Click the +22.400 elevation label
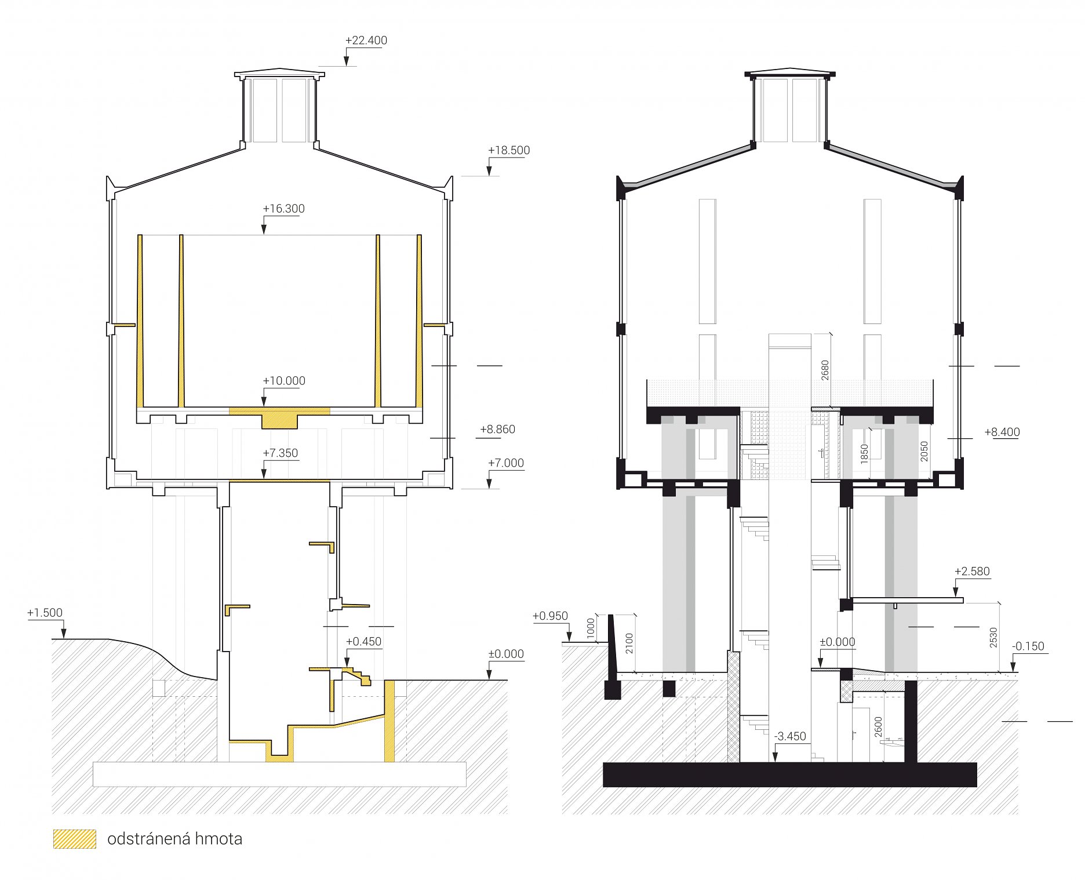point(366,41)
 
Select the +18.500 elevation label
point(509,151)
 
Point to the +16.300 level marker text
point(283,209)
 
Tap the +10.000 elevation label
point(284,381)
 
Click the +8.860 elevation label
point(497,430)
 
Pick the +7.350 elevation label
point(281,453)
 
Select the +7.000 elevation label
point(505,463)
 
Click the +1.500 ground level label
point(45,613)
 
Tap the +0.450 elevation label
point(364,642)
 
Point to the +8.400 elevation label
point(1002,432)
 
